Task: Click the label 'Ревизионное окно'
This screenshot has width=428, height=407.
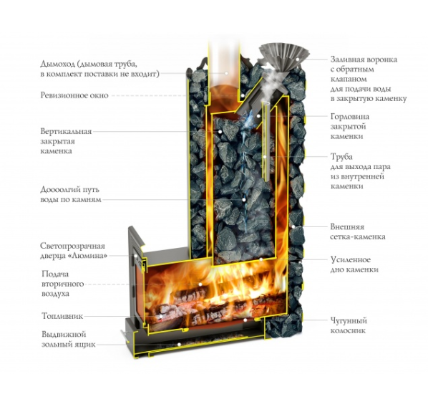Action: [x=74, y=95]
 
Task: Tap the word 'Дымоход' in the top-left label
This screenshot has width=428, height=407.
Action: [x=57, y=64]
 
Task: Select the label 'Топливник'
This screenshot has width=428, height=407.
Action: [x=62, y=316]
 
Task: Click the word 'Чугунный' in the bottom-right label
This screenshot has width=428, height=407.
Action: [x=349, y=321]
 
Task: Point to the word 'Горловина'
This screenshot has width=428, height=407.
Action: [x=350, y=117]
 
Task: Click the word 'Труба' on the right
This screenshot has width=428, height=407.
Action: [x=341, y=157]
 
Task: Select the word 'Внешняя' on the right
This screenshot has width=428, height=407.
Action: [x=347, y=227]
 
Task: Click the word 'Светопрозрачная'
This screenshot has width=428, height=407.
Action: [x=72, y=246]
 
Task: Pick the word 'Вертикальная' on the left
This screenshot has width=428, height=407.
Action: [x=66, y=131]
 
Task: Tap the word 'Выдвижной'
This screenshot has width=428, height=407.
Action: [x=64, y=335]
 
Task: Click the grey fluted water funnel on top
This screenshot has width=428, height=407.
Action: [x=284, y=57]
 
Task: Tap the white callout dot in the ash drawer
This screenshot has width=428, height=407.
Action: [x=179, y=345]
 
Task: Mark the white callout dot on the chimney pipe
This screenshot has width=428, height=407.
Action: [x=226, y=73]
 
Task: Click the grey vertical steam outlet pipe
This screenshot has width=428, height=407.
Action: [x=266, y=140]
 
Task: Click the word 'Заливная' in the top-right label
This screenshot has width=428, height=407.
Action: [x=349, y=59]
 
